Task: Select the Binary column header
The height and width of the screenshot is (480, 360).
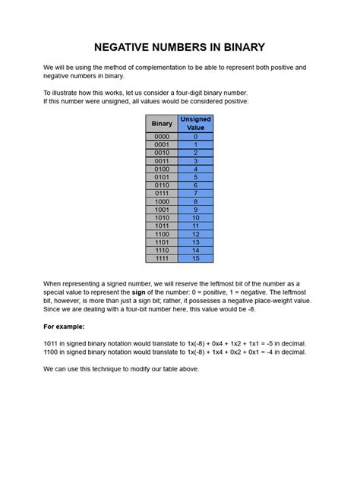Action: click(162, 124)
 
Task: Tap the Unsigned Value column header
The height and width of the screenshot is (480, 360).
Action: click(195, 124)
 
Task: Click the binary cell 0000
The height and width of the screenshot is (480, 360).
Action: click(162, 137)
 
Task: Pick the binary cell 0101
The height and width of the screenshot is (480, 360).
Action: click(162, 177)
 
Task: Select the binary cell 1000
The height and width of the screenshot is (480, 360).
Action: click(162, 201)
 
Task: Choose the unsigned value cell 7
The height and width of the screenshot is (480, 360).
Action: click(195, 194)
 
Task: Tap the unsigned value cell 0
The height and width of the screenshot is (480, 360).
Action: click(195, 137)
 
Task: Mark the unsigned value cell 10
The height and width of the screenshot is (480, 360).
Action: click(195, 218)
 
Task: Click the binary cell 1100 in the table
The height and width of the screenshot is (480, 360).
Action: click(162, 234)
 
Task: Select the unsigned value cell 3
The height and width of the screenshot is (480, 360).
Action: click(195, 161)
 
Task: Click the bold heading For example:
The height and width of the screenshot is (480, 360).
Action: click(64, 326)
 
